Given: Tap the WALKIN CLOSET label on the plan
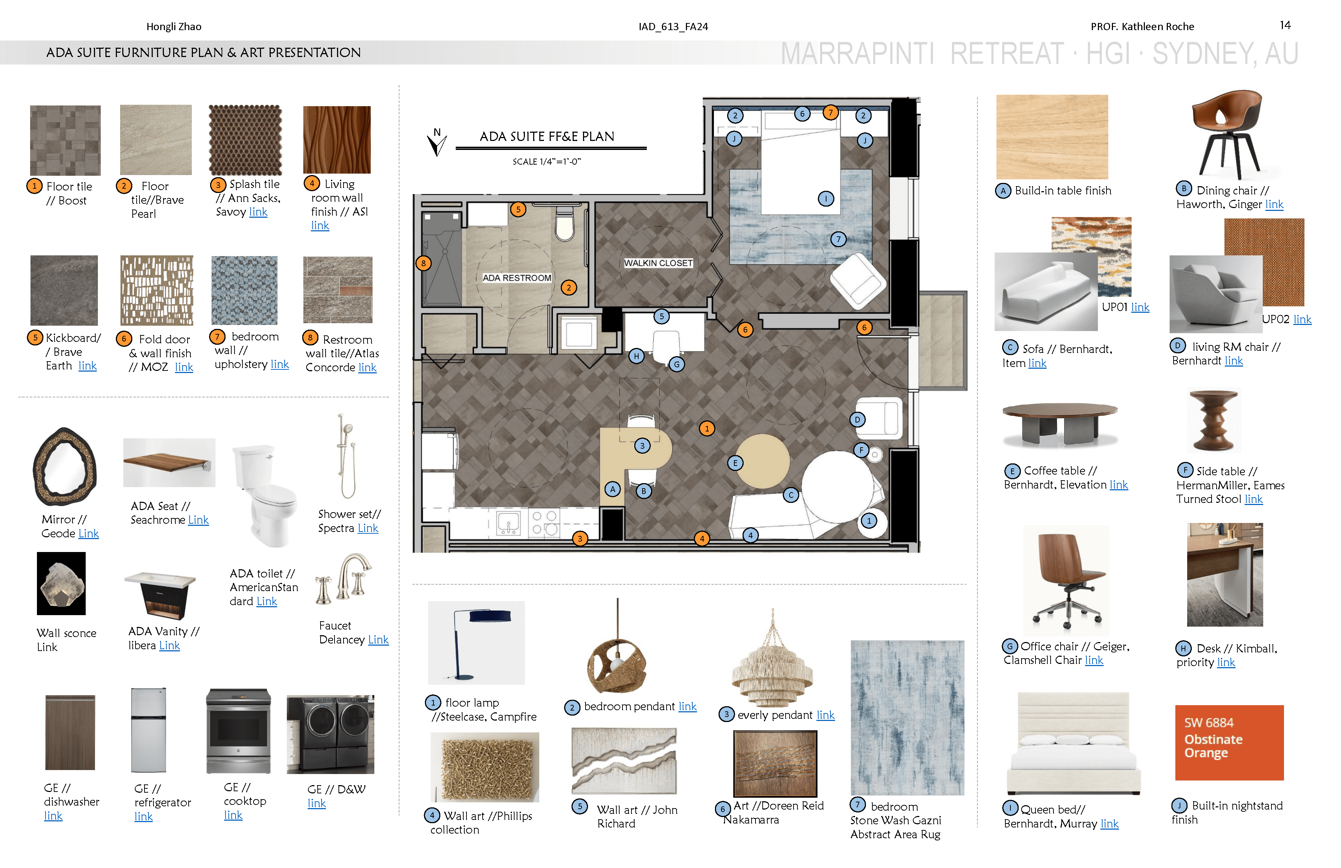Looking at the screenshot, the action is point(658,263).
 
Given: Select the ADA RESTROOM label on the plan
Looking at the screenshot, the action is point(517,278).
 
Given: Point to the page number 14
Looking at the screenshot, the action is point(1285,25).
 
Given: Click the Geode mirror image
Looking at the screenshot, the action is point(65,467).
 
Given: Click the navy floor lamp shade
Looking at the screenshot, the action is point(490,616).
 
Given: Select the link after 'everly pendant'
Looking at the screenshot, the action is point(825,715).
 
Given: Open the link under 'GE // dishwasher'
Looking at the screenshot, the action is point(53,816).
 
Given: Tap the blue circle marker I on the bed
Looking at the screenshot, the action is point(826,198).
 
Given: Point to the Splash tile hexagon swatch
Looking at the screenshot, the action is point(245,140).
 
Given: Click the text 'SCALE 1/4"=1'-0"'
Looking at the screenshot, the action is point(546,162).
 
